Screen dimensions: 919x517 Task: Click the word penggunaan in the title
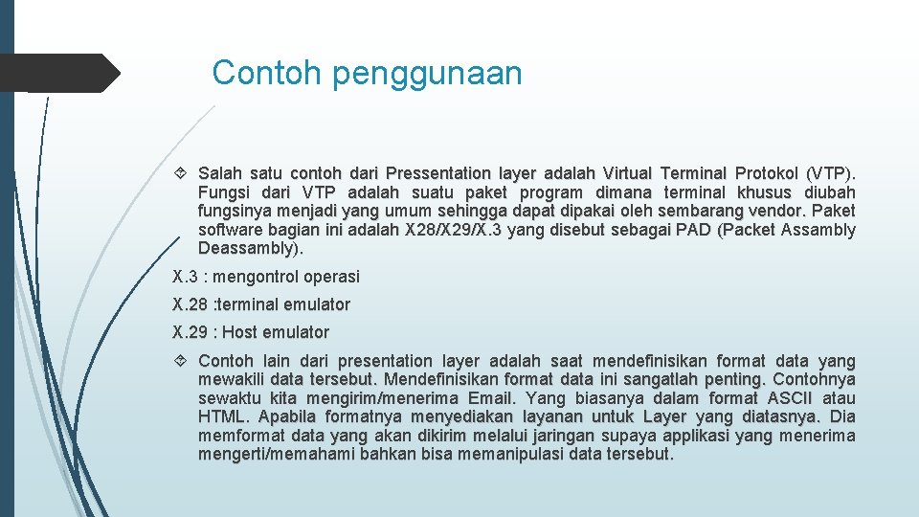[427, 75]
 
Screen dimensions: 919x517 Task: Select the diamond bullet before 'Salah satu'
[180, 173]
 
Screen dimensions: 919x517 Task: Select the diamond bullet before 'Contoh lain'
[180, 361]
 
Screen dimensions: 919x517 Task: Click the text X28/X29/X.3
[453, 229]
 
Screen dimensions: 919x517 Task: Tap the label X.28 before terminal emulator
[190, 304]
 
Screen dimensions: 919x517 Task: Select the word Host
[239, 332]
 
